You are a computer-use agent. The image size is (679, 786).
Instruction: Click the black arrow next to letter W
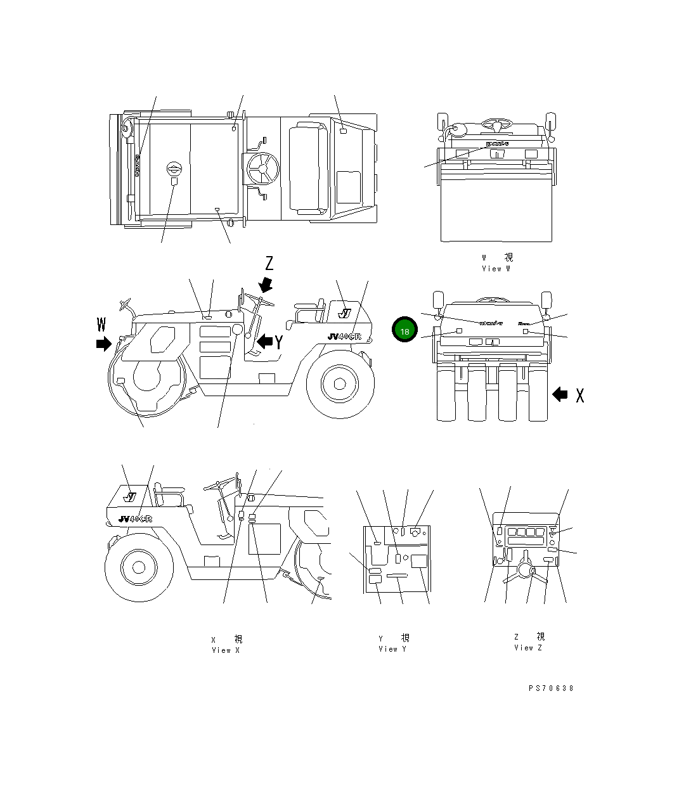tap(103, 344)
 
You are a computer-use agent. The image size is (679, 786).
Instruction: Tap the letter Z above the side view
tap(269, 264)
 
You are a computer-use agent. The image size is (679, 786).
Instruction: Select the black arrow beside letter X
tap(560, 394)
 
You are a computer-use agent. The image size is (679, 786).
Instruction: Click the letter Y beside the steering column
tap(278, 342)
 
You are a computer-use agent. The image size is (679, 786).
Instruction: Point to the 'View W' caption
tap(496, 269)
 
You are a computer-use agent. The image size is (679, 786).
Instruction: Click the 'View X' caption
tap(226, 650)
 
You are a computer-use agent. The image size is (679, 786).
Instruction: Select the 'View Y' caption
tap(393, 648)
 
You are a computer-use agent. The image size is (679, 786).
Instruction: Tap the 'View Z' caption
tap(528, 647)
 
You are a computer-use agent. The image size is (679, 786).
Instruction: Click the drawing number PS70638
tap(550, 688)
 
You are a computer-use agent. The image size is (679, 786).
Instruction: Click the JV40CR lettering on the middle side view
tap(344, 337)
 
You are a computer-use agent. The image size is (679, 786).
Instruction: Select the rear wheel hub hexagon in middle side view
tap(339, 383)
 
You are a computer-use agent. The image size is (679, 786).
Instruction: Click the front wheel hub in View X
tap(138, 566)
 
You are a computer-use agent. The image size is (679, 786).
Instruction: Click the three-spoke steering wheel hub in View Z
tap(524, 570)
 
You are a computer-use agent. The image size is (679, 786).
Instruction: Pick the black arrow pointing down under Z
tap(266, 283)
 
